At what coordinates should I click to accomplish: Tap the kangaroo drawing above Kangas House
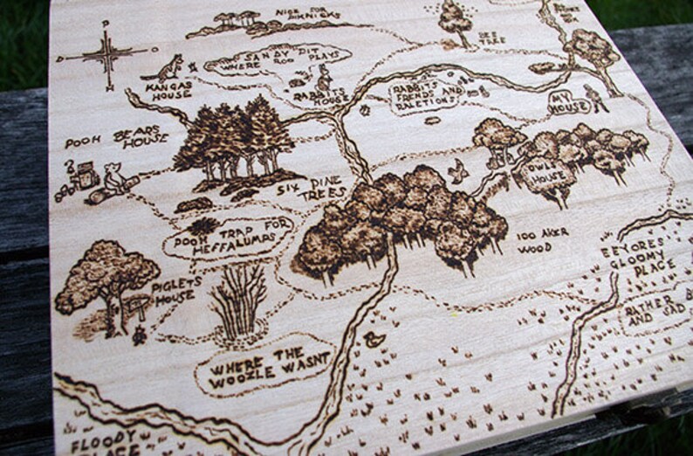[x=169, y=67]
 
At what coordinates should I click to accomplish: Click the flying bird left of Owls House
[x=456, y=172]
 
